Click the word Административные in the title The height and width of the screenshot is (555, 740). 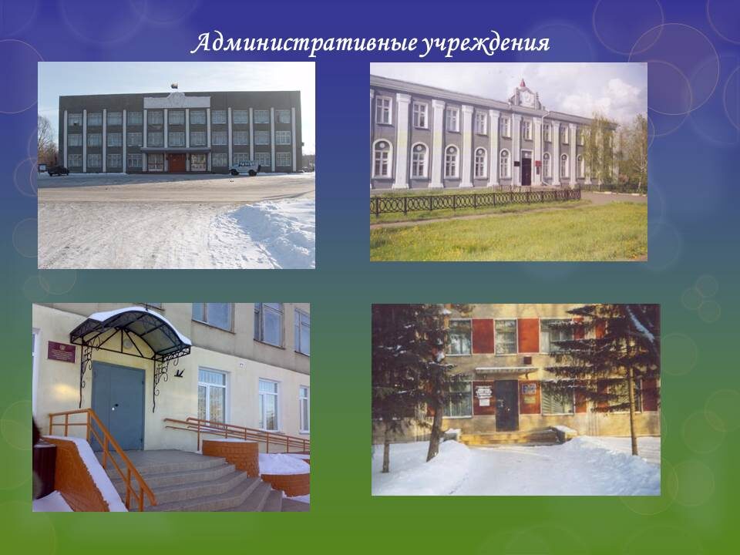click(x=304, y=44)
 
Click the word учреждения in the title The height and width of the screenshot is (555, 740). click(x=485, y=45)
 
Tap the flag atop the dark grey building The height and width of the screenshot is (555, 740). click(x=175, y=86)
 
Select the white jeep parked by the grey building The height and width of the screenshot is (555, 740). click(x=245, y=169)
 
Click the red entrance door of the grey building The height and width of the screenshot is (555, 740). click(x=177, y=163)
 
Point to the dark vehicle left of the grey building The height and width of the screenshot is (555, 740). click(x=58, y=170)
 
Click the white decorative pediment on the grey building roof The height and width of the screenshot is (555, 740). click(x=177, y=100)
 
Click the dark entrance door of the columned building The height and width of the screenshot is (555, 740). click(x=526, y=172)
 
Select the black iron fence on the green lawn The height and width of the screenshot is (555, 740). click(x=476, y=200)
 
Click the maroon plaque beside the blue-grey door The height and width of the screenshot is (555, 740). click(x=62, y=351)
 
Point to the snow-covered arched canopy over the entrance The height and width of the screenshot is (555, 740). click(x=131, y=328)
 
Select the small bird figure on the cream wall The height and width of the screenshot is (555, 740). click(x=180, y=373)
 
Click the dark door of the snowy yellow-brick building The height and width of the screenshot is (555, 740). click(x=507, y=405)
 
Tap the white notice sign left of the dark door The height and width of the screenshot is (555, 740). click(x=483, y=395)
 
